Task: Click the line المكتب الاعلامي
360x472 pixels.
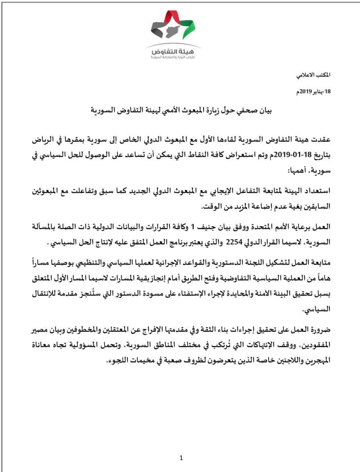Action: [315, 74]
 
